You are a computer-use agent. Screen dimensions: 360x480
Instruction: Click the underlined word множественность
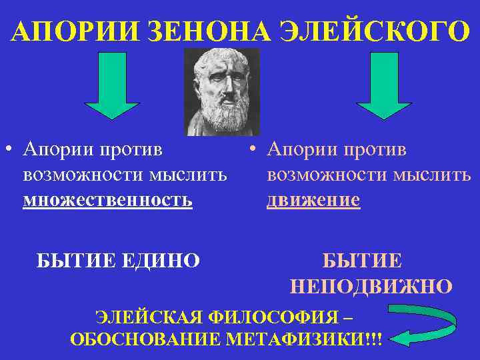(107, 199)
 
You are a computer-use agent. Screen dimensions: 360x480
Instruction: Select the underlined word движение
(313, 199)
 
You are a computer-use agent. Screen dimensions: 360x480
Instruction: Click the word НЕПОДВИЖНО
(372, 287)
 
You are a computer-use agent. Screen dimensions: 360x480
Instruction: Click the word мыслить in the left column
(188, 175)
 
